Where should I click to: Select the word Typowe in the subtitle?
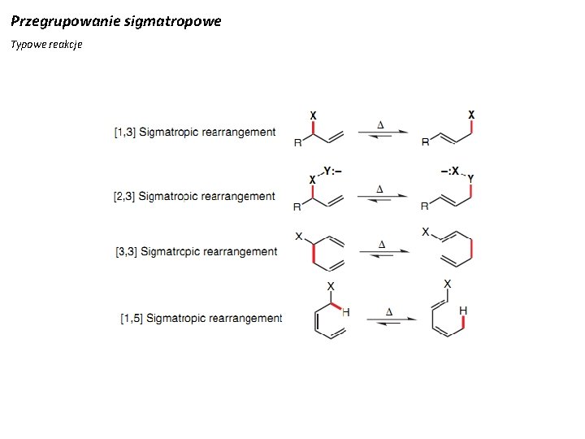coord(26,44)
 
